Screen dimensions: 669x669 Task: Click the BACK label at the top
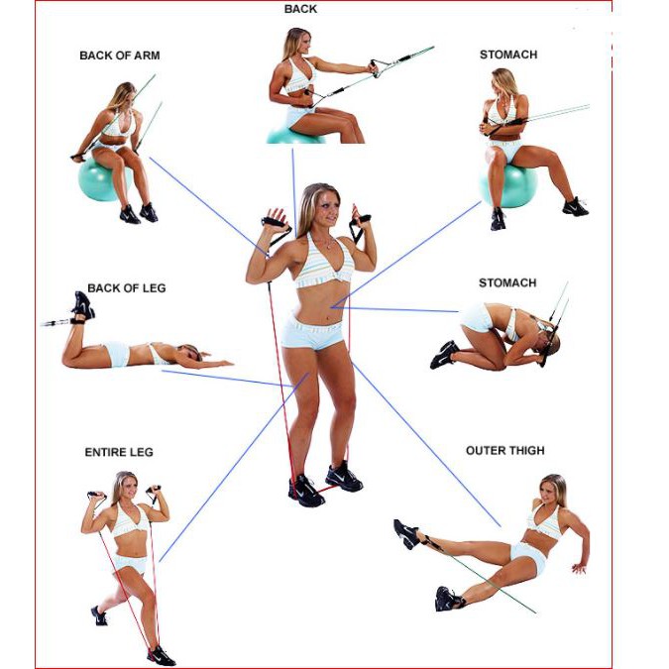pyautogui.click(x=300, y=9)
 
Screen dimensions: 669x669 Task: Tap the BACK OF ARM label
pyautogui.click(x=120, y=56)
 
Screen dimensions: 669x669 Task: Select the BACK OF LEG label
pyautogui.click(x=126, y=288)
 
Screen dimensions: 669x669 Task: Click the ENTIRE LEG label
pyautogui.click(x=119, y=452)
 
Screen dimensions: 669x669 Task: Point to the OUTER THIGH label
pyautogui.click(x=505, y=451)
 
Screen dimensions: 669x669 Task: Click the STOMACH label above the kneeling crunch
pyautogui.click(x=507, y=282)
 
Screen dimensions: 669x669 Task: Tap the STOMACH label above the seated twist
pyautogui.click(x=508, y=55)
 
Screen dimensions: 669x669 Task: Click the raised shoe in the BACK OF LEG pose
pyautogui.click(x=83, y=304)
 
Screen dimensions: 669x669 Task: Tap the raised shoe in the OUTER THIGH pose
pyautogui.click(x=405, y=533)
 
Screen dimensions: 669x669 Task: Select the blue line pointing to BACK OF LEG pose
pyautogui.click(x=227, y=379)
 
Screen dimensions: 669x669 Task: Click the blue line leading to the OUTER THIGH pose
pyautogui.click(x=426, y=444)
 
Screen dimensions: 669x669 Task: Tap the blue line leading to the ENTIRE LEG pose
pyautogui.click(x=234, y=467)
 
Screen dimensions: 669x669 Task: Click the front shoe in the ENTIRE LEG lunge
pyautogui.click(x=162, y=656)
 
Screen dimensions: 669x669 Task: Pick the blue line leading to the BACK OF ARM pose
pyautogui.click(x=208, y=207)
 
